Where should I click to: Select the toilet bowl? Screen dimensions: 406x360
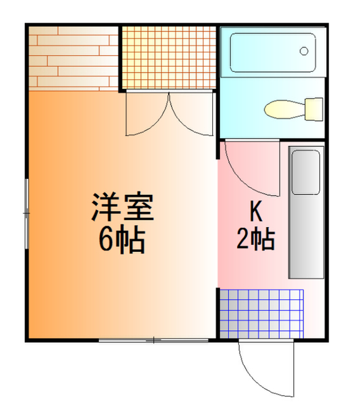point(282,109)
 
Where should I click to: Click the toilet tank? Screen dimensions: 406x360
point(313,108)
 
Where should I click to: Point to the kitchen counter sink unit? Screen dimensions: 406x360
point(306,213)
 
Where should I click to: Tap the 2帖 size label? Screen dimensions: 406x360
point(255,239)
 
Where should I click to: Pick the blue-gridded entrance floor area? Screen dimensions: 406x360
point(262,312)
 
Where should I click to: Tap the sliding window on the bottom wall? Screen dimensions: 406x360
point(155,341)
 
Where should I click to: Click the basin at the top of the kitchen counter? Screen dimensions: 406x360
point(306,172)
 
